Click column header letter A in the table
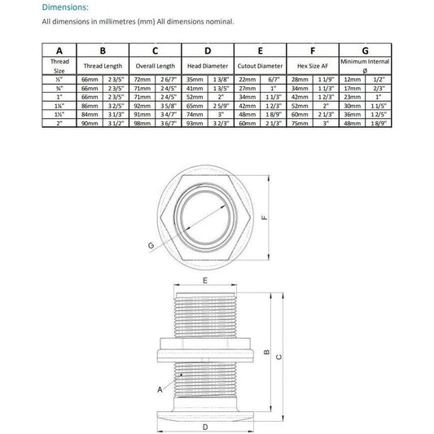(59, 50)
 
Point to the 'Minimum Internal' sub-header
(366, 62)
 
